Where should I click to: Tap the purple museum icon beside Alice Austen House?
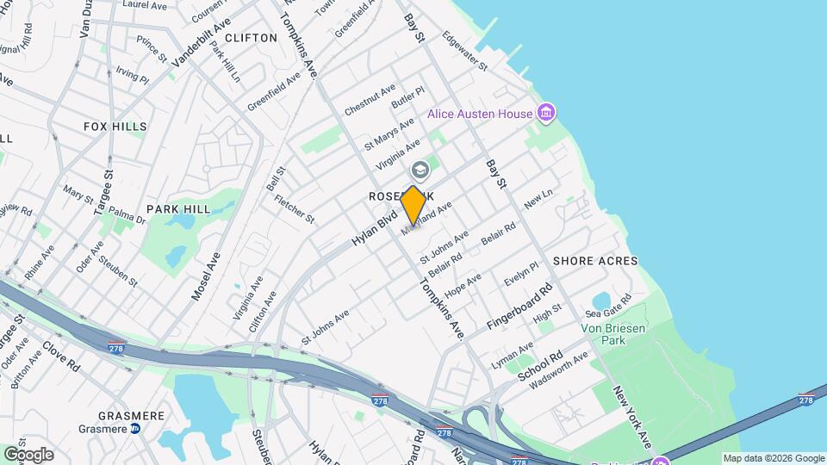(544, 113)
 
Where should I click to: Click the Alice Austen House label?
(480, 115)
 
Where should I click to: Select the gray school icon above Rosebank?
(420, 170)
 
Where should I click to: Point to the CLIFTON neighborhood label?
(251, 38)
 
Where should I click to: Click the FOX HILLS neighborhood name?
(115, 127)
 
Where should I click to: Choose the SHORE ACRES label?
(595, 261)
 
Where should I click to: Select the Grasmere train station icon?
(135, 429)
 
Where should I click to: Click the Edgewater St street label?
(464, 53)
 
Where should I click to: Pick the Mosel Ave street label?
(207, 276)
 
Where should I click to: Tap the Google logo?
(28, 455)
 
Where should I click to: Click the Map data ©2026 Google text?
(774, 458)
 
